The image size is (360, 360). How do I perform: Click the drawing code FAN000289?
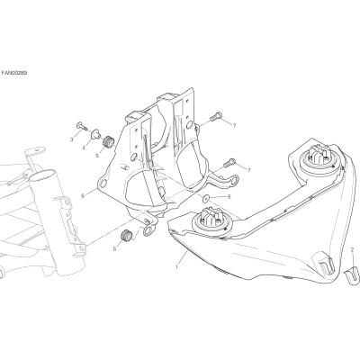click(14, 73)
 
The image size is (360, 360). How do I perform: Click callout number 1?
click(177, 266)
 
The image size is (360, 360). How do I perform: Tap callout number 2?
click(353, 249)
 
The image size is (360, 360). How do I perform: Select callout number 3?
click(72, 139)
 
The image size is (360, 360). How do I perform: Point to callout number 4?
click(84, 148)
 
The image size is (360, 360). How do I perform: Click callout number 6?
click(83, 196)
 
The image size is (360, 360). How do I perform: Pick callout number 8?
click(229, 197)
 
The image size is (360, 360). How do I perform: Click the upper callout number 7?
click(234, 125)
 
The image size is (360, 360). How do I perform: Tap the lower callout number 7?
click(248, 170)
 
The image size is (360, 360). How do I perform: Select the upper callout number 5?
click(97, 156)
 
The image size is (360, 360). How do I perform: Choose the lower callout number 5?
click(114, 248)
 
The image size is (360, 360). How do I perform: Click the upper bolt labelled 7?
click(216, 116)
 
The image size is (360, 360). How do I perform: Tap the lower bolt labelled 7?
click(229, 162)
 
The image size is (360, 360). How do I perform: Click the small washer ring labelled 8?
click(206, 197)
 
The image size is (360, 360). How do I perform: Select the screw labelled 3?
click(82, 127)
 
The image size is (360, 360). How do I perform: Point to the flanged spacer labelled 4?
click(96, 133)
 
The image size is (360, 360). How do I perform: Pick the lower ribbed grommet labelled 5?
click(125, 235)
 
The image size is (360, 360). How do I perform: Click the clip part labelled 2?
click(351, 274)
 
